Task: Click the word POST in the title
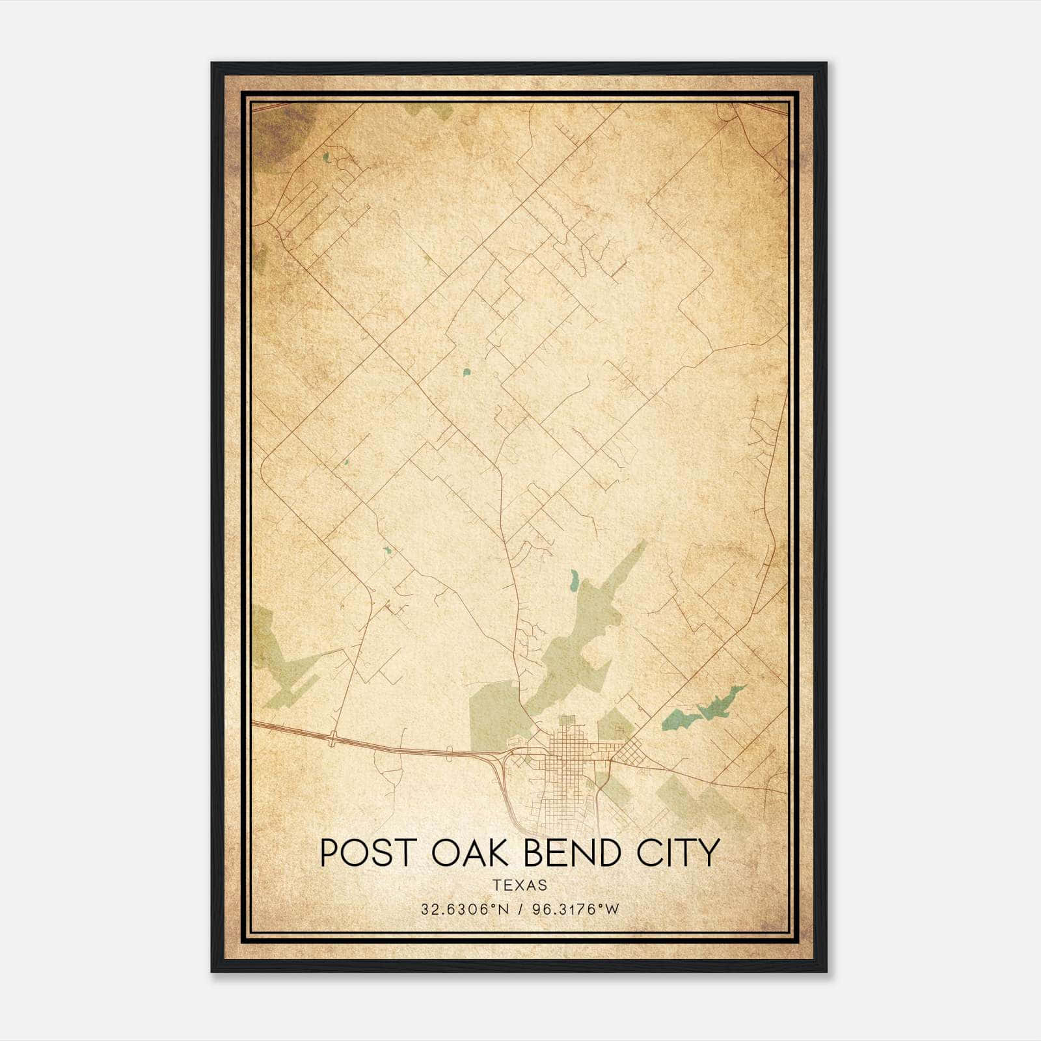tap(362, 852)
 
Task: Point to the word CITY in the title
tap(679, 852)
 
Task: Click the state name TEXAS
tap(520, 885)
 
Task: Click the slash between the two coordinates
tap(520, 910)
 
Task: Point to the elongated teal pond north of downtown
tap(574, 580)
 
